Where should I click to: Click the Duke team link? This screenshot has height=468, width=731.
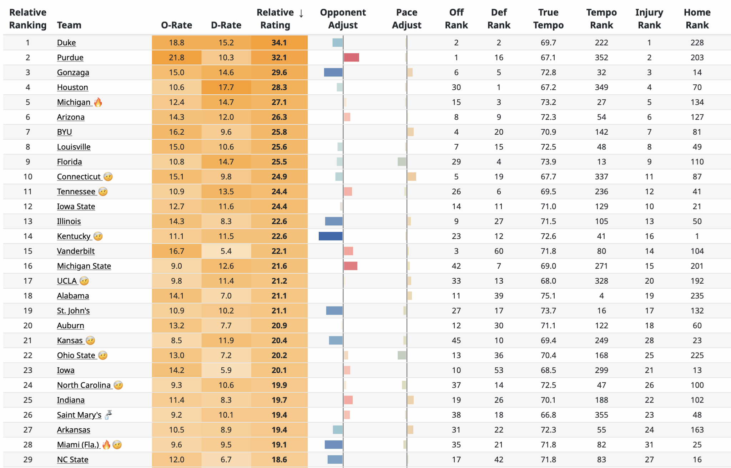coord(66,43)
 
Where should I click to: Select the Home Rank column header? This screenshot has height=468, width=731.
coord(697,19)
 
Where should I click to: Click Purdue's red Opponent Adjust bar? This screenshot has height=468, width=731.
coord(351,58)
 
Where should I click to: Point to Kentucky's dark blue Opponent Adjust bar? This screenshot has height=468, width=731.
coord(331,236)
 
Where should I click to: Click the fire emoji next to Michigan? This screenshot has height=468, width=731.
coord(98,103)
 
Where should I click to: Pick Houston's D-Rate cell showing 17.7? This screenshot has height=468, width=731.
coord(226,87)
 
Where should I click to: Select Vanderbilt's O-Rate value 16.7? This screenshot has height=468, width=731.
coord(176,251)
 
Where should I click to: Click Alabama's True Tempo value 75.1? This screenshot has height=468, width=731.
coord(548,296)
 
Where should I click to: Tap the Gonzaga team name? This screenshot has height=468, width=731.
coord(73,73)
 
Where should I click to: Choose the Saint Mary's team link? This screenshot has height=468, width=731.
coord(79,415)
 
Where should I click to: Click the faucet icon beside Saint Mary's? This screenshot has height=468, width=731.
coord(109,414)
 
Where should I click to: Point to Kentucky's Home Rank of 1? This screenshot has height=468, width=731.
coord(697,236)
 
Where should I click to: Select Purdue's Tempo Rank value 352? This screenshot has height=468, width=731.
coord(601,58)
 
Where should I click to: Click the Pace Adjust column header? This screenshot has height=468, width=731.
coord(406,19)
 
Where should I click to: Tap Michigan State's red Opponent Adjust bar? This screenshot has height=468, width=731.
coord(351,266)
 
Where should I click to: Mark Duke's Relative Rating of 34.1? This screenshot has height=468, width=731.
coord(279,43)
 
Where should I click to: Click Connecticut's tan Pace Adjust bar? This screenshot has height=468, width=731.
coord(412,176)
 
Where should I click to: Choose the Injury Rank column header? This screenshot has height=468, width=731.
coord(649,19)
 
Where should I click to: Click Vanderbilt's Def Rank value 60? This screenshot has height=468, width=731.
coord(499,251)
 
